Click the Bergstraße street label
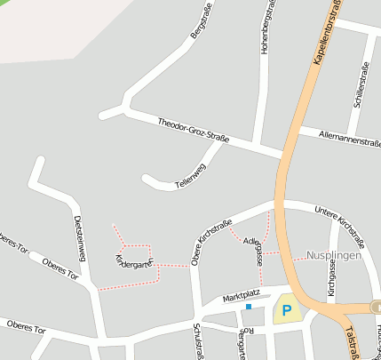(x=204, y=22)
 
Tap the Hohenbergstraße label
(x=265, y=29)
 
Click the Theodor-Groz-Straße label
(x=194, y=131)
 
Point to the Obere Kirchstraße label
(x=211, y=242)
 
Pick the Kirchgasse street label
(x=330, y=279)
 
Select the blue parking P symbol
(x=286, y=311)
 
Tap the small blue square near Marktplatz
(x=249, y=307)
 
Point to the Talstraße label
(x=350, y=340)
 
